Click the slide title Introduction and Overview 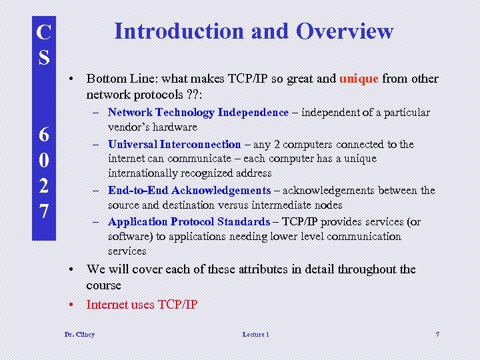[254, 31]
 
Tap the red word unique [359, 79]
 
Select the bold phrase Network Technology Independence [198, 113]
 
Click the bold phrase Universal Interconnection [174, 144]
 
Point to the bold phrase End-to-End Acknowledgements [189, 191]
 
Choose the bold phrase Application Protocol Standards [189, 222]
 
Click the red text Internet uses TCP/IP [142, 305]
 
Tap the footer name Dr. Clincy [79, 334]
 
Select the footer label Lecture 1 [256, 334]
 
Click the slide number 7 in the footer [437, 334]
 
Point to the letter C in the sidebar [43, 32]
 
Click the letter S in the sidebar [43, 57]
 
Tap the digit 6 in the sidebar [43, 134]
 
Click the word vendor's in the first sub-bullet [129, 127]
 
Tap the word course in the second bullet [103, 285]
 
